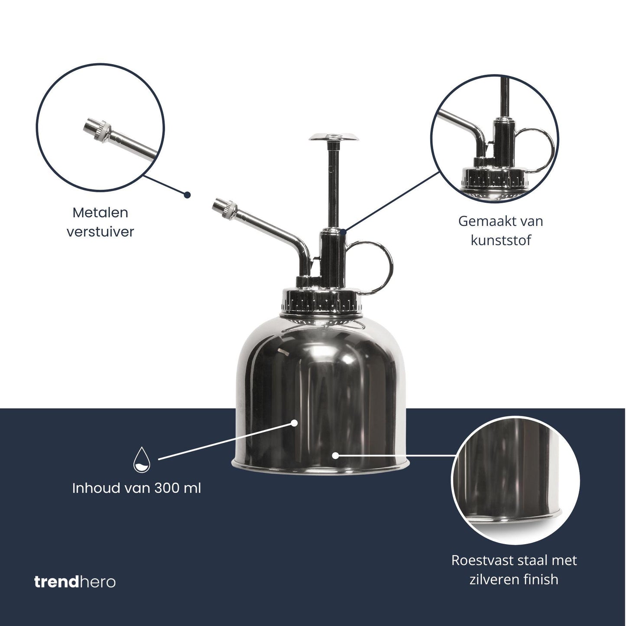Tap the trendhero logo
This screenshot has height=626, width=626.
(x=75, y=581)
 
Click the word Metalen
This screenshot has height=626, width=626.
(x=100, y=213)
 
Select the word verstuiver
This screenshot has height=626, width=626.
(x=100, y=232)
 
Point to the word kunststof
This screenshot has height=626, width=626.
(x=500, y=240)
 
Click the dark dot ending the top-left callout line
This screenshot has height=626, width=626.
(x=187, y=195)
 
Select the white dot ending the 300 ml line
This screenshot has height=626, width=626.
(x=295, y=422)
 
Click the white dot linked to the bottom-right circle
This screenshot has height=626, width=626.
(x=335, y=455)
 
